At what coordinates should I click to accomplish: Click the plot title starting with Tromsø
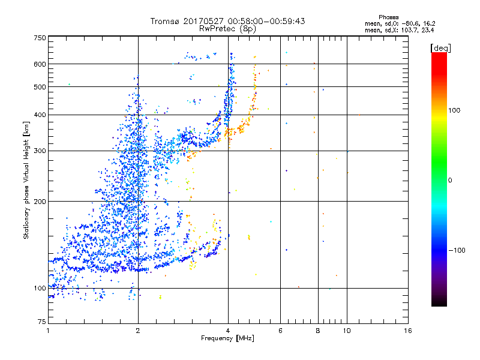pos(227,20)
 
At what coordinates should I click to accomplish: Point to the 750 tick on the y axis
pos(40,37)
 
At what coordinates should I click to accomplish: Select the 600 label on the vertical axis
pos(40,64)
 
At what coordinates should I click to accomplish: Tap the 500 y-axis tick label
pos(40,87)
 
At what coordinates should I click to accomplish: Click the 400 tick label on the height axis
pos(40,115)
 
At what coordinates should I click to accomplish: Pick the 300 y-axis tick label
pos(40,151)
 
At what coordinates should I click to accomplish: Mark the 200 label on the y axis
pos(40,201)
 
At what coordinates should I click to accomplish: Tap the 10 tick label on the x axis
pos(346,331)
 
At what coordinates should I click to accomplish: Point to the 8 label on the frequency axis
pos(318,331)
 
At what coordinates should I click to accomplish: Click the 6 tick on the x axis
pos(280,331)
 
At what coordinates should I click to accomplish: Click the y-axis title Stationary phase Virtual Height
pos(26,179)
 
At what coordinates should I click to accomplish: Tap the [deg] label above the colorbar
pos(441,47)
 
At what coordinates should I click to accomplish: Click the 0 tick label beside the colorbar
pos(450,180)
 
